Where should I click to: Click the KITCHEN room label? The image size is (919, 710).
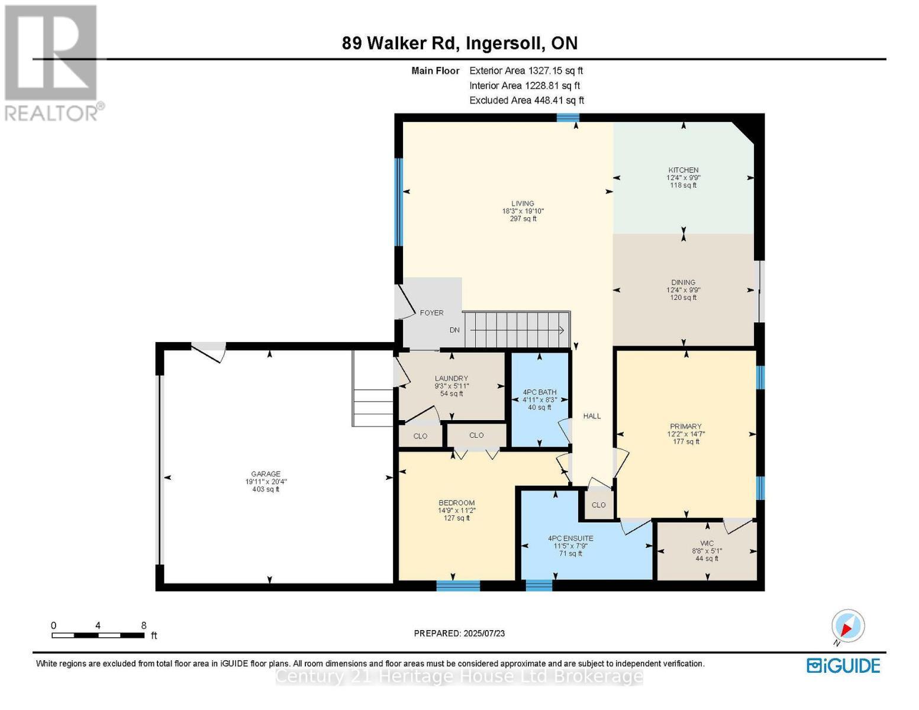point(683,170)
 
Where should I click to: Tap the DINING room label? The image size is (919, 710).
point(683,282)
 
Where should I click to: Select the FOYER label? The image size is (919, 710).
point(431,313)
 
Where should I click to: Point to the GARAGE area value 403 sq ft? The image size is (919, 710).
point(266,489)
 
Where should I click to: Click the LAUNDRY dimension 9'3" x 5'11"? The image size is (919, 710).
point(452,386)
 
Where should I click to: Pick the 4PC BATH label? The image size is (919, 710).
point(540,392)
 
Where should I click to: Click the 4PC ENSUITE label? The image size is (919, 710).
point(570,538)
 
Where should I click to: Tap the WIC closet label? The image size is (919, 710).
point(707,543)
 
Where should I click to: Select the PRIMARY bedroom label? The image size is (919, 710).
point(686,426)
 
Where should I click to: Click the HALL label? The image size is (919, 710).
point(592,416)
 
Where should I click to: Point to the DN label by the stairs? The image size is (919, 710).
point(454,330)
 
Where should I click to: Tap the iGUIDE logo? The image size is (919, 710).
point(843,666)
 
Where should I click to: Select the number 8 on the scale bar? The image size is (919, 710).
point(144,625)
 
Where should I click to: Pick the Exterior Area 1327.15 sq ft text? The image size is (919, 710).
point(526,70)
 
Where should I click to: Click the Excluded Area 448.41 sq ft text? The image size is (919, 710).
point(527,101)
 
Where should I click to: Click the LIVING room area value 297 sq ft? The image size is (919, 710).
point(523,219)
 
